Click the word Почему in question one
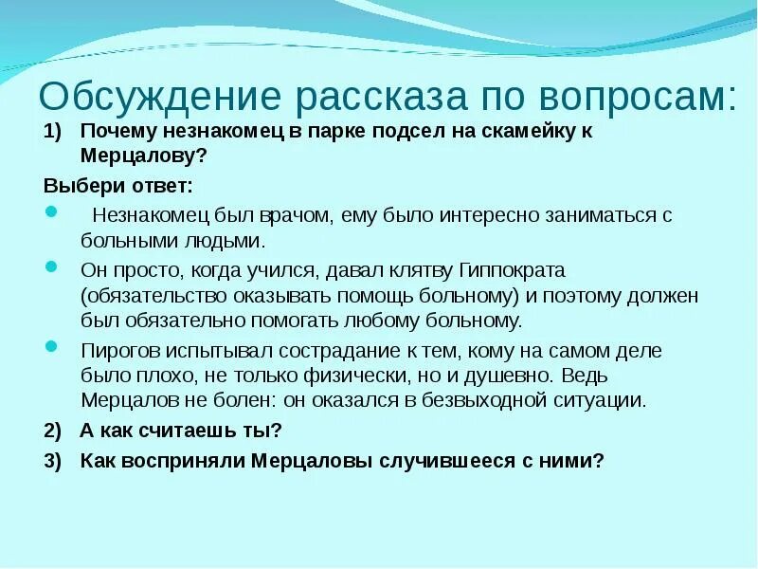tap(116, 132)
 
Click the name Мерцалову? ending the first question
tap(143, 154)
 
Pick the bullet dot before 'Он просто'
tap(50, 266)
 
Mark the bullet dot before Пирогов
tap(50, 346)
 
